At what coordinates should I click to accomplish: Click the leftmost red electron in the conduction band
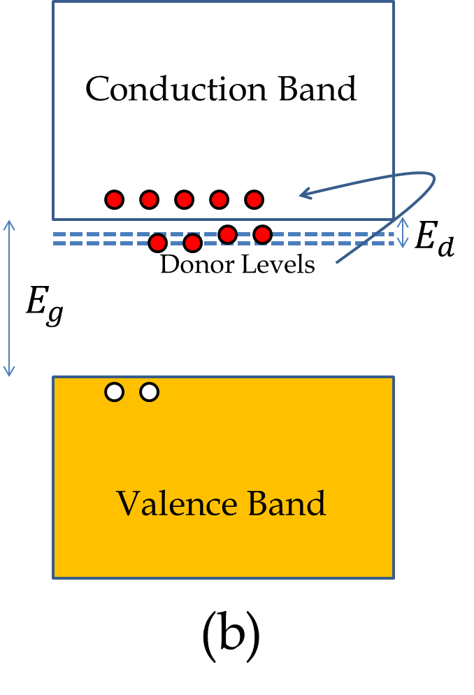click(x=115, y=199)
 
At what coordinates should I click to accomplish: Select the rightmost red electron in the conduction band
click(x=254, y=199)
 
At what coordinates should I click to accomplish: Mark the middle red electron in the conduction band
click(x=184, y=199)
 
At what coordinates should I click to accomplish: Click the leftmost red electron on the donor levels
click(x=158, y=243)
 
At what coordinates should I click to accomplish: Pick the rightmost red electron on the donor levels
click(x=262, y=234)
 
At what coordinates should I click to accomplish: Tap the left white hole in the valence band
click(x=115, y=392)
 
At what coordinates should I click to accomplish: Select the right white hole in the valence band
click(x=149, y=392)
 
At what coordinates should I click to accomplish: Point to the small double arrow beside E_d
click(x=402, y=233)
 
